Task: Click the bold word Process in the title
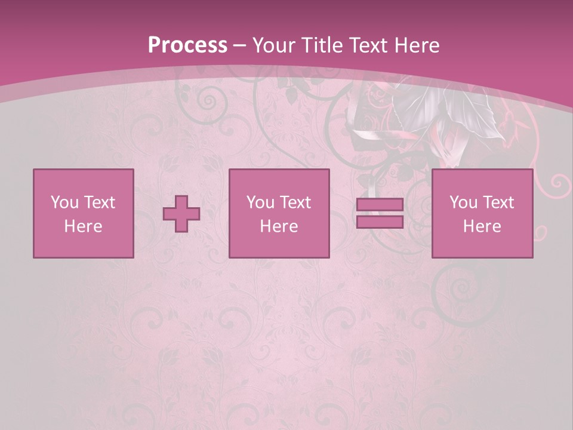[x=187, y=45]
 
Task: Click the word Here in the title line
[x=417, y=45]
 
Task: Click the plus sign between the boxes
[x=182, y=214]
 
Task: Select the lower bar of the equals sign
[x=380, y=222]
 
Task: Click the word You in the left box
[x=64, y=202]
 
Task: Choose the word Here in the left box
[x=83, y=226]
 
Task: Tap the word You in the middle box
[x=260, y=202]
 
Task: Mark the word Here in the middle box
[x=279, y=226]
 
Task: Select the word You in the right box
[x=463, y=202]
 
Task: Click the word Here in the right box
[x=482, y=226]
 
